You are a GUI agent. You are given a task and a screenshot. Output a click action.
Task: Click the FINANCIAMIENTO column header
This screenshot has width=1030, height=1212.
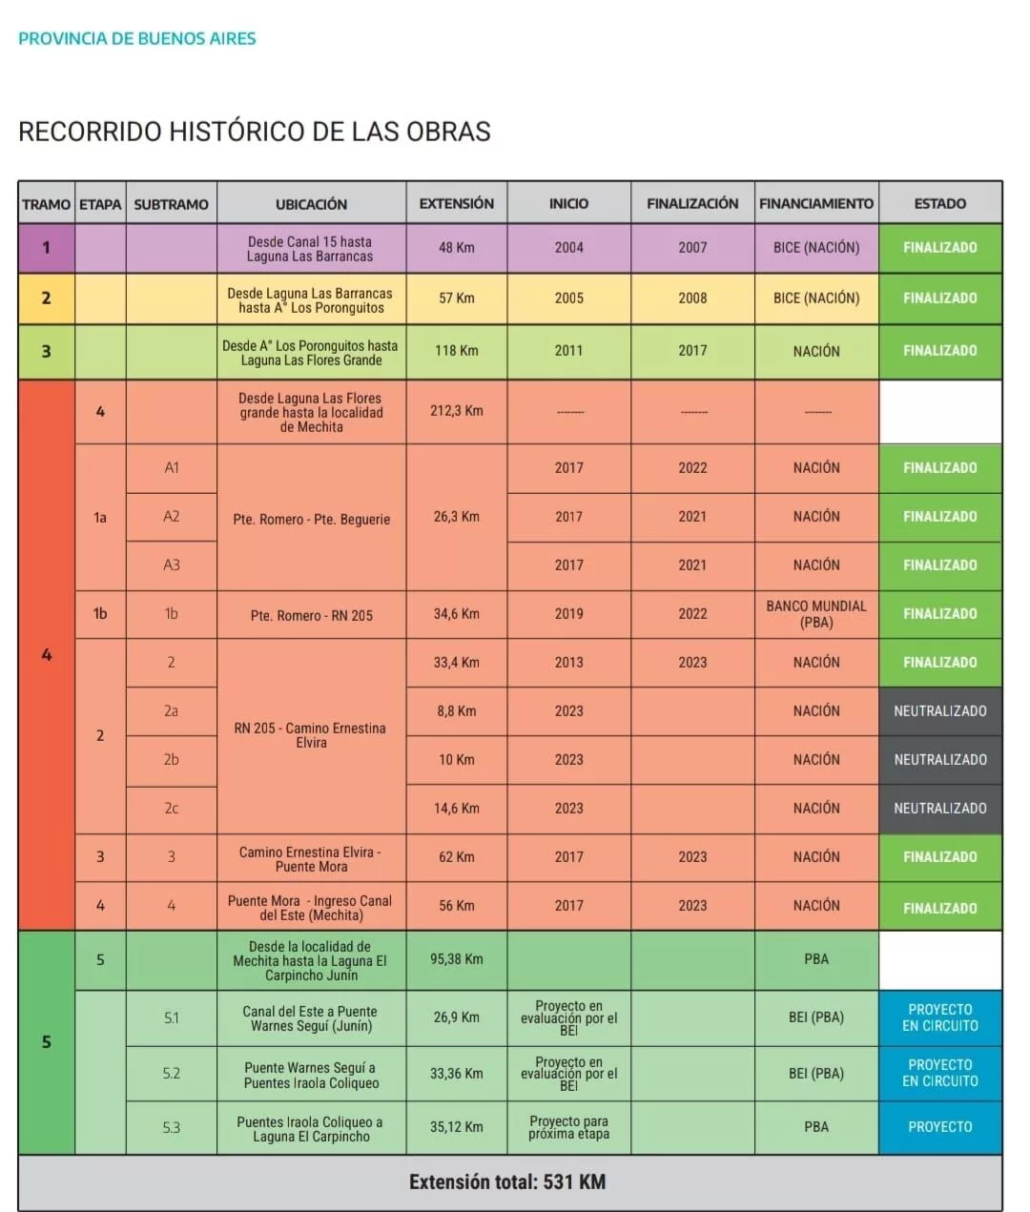click(x=815, y=203)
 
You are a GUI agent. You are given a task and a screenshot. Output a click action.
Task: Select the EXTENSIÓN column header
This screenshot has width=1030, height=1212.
click(x=456, y=203)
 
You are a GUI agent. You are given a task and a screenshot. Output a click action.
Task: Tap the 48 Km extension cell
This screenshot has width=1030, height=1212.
click(x=456, y=248)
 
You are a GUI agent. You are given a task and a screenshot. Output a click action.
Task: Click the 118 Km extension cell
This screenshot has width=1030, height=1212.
click(x=456, y=351)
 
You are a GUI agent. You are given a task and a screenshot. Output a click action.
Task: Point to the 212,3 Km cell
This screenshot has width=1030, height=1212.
click(x=456, y=411)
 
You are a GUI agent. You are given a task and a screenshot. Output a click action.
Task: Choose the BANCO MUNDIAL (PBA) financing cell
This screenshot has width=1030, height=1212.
click(x=815, y=614)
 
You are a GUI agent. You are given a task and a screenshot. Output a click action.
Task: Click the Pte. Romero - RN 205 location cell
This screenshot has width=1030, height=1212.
click(x=311, y=616)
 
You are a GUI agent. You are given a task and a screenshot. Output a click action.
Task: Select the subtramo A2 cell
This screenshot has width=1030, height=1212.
click(x=171, y=517)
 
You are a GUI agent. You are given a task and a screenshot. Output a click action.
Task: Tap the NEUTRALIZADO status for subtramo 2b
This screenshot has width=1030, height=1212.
click(x=939, y=760)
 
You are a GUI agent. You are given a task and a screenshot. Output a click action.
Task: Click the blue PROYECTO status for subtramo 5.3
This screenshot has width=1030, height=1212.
click(x=939, y=1127)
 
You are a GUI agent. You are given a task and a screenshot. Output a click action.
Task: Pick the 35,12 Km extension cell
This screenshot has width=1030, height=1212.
click(x=456, y=1127)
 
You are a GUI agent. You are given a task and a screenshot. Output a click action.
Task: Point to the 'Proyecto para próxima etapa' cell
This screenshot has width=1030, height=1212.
click(x=568, y=1127)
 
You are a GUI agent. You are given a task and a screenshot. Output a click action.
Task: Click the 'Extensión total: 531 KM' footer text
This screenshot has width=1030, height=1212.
click(x=507, y=1182)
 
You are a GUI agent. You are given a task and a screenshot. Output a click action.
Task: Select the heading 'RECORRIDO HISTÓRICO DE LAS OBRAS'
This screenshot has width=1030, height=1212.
click(x=255, y=132)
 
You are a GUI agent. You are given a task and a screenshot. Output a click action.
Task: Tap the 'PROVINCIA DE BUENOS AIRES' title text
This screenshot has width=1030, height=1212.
click(x=137, y=39)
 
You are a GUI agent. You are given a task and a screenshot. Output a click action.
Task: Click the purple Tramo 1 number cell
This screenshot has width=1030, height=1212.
click(x=46, y=248)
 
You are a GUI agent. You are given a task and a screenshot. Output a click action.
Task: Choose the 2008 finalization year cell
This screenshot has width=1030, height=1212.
click(x=692, y=298)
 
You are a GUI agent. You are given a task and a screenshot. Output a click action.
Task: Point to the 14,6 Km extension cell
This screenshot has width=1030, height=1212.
click(x=456, y=809)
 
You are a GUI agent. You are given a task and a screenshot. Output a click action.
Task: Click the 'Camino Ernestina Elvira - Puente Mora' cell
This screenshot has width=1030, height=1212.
click(x=311, y=859)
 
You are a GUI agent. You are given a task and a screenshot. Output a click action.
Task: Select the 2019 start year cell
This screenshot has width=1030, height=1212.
click(x=568, y=614)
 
